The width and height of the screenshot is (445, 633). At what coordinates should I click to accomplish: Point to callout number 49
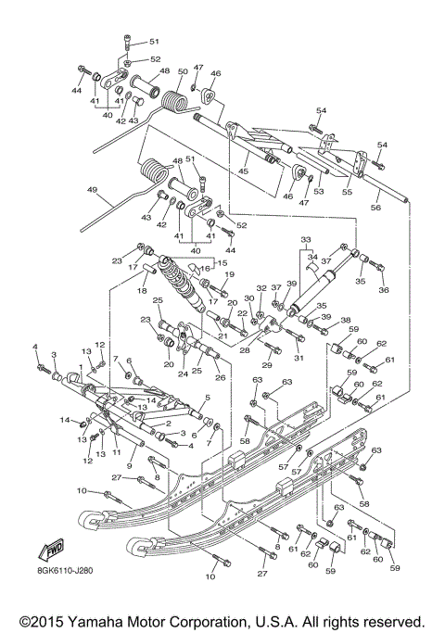tap(91, 190)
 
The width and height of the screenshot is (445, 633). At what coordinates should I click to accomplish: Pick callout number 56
tap(377, 209)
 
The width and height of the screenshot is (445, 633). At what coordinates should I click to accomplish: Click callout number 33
tap(305, 239)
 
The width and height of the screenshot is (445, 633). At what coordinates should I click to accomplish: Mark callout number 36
tap(386, 290)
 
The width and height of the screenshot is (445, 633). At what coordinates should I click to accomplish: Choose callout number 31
tap(299, 359)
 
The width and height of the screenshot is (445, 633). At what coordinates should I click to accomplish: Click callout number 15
tap(222, 263)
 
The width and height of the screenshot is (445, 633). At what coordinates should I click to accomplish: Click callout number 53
tap(319, 191)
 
